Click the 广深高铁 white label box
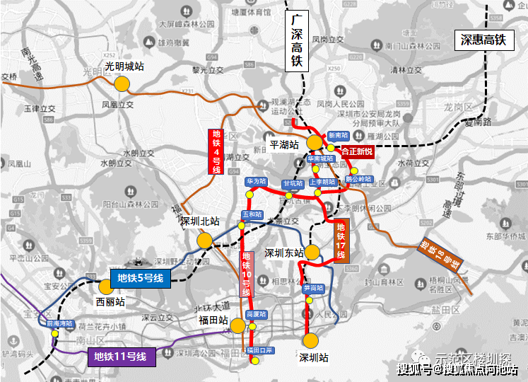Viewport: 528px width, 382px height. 297,40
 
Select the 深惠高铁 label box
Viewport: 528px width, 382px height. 483,40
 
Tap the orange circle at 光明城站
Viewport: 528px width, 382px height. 122,83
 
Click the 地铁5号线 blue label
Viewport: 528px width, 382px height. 140,278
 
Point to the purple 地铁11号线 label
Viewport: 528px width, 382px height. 121,356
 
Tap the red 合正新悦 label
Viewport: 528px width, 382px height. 356,151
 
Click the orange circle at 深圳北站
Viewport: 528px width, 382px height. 204,240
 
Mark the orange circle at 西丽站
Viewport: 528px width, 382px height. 106,287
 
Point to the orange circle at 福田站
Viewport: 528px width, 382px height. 237,325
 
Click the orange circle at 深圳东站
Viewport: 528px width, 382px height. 313,252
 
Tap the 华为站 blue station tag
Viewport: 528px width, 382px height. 256,182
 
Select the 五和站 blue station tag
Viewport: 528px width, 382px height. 252,214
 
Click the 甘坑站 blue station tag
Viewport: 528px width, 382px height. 293,183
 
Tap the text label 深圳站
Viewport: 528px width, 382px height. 315,357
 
